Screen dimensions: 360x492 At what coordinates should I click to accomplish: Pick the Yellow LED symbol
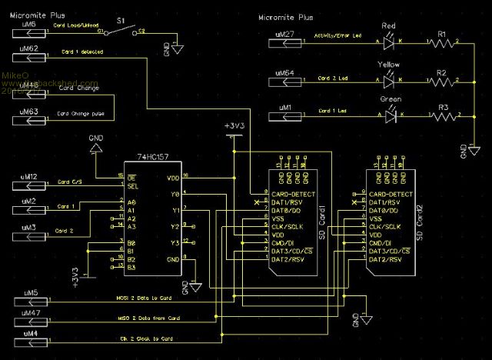390,78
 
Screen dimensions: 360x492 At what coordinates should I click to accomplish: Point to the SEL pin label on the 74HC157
134,185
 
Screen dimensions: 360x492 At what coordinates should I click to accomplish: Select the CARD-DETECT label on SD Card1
291,194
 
